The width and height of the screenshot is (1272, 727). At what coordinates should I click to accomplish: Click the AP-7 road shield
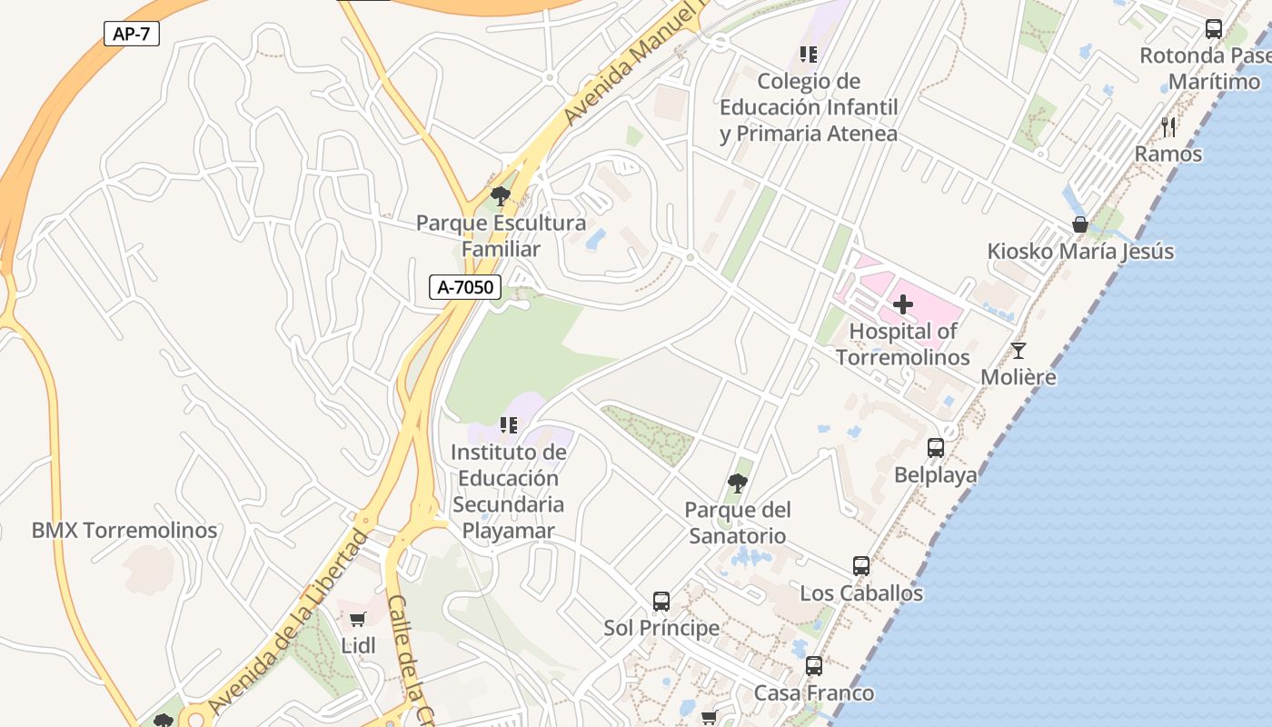pos(132,35)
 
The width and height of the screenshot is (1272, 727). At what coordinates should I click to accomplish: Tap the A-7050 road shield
pos(465,287)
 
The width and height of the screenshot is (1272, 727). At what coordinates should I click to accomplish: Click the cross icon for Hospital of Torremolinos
pos(902,304)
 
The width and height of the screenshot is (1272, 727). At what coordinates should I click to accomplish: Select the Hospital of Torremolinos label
pos(902,344)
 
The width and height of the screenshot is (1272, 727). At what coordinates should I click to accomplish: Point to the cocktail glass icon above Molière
pos(1019,351)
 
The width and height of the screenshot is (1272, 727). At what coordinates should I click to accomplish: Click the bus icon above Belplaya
pos(935,448)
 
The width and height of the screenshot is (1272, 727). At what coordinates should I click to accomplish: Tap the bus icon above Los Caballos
pos(860,566)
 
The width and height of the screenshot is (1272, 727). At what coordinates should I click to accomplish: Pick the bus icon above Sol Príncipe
pos(661,602)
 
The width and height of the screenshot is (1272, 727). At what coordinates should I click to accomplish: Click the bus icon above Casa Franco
pos(813,666)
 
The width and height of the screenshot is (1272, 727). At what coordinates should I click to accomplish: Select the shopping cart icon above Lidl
pos(357,620)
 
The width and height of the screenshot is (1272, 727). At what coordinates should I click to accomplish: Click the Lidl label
pos(358,646)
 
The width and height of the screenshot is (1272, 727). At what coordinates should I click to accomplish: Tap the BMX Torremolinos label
pos(124,531)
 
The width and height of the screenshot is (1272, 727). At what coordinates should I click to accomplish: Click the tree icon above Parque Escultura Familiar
pos(500,195)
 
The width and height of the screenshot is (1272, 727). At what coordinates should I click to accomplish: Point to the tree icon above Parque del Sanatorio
pos(738,483)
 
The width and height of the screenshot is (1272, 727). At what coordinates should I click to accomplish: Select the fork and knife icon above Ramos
pos(1168,127)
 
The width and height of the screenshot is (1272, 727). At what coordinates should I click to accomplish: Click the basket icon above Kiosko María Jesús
pos(1080,224)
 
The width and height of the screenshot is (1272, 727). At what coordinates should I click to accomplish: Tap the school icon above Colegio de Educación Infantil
pos(808,55)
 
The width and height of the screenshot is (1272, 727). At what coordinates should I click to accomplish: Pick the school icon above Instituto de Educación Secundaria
pos(509,424)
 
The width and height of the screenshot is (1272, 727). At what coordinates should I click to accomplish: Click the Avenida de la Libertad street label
pos(288,621)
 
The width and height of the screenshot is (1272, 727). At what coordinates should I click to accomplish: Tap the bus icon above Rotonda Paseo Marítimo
pos(1213,29)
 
